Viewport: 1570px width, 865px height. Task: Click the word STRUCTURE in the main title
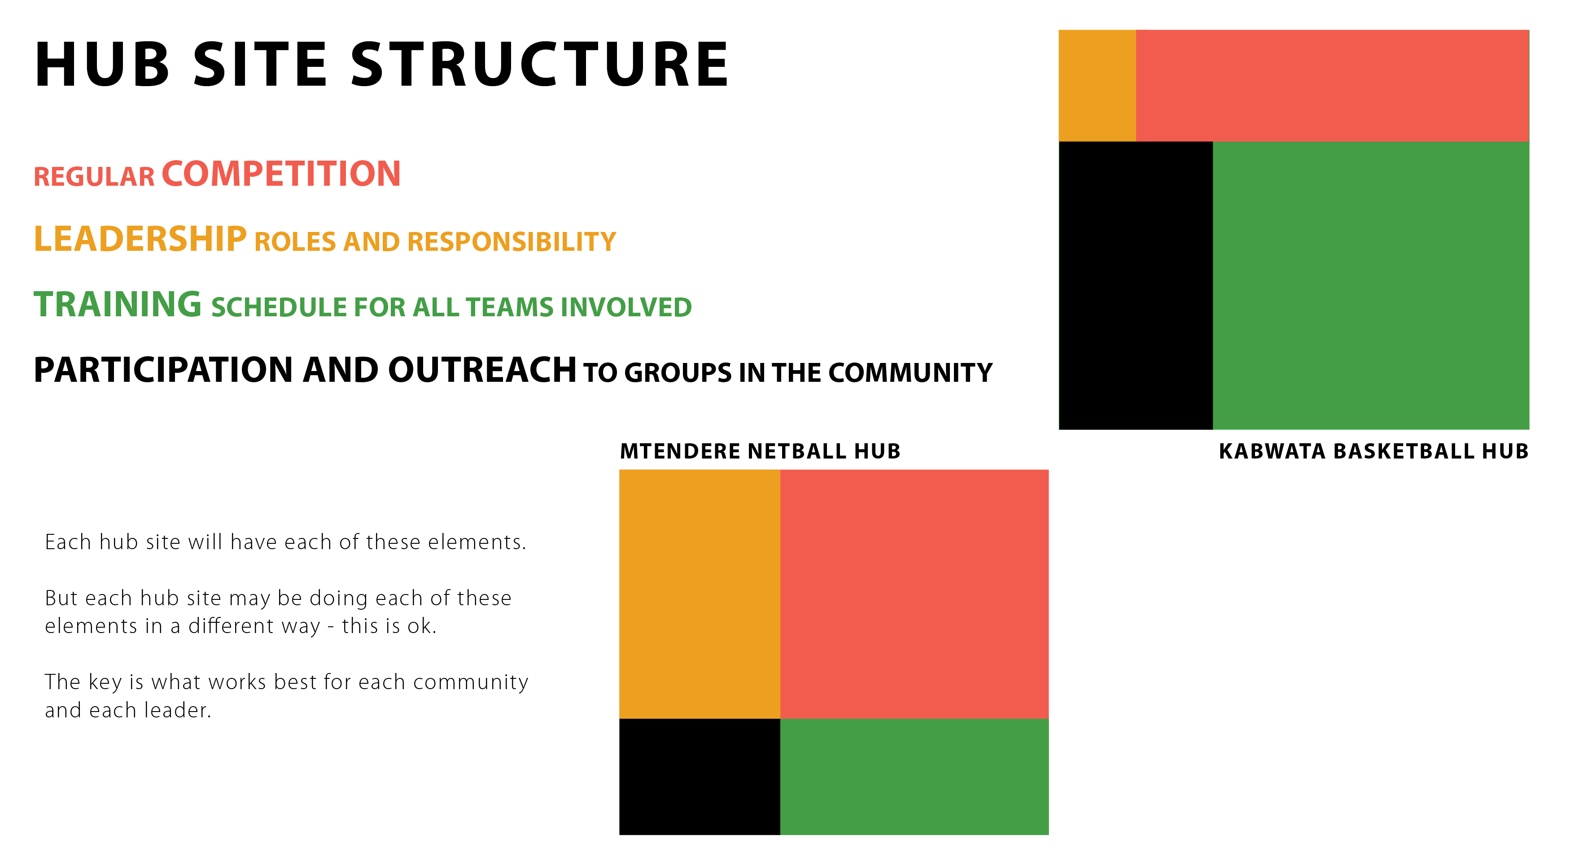(x=539, y=64)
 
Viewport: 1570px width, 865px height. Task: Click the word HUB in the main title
(x=102, y=64)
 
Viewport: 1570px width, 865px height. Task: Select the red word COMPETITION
(x=281, y=174)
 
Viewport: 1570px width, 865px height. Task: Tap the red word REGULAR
(x=95, y=177)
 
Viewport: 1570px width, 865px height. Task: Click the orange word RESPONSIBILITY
(x=512, y=242)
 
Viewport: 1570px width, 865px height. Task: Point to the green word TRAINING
(x=118, y=304)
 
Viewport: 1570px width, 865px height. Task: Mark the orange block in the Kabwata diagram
(x=1097, y=85)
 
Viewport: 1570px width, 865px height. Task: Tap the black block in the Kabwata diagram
(x=1136, y=285)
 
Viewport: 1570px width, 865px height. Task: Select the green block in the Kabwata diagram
(x=1371, y=285)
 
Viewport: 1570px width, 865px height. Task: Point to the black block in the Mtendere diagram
(x=700, y=777)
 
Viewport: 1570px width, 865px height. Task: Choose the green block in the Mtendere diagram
(x=914, y=777)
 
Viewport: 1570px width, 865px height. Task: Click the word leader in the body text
(x=177, y=710)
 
